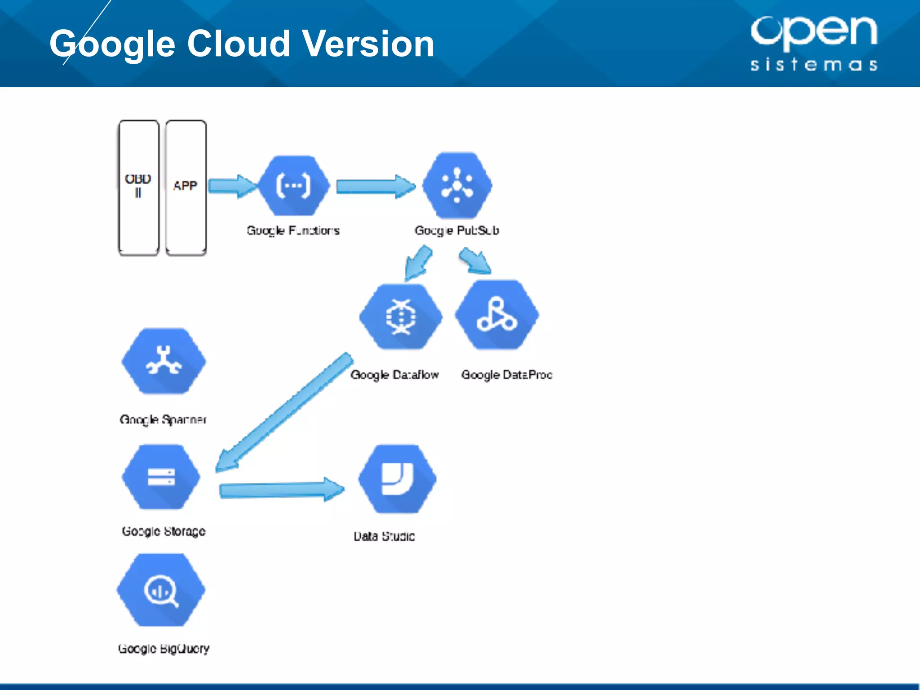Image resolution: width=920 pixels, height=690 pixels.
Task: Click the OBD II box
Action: [x=138, y=187]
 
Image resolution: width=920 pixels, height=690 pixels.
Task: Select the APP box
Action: [x=186, y=187]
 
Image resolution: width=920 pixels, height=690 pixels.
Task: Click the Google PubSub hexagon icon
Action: [x=457, y=185]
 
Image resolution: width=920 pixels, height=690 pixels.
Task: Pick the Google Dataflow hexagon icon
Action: [x=401, y=317]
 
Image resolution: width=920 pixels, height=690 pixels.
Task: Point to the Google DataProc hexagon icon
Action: [x=497, y=314]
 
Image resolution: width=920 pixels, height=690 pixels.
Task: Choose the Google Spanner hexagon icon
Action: [x=164, y=361]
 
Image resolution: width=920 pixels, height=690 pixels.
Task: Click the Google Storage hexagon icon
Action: [x=161, y=477]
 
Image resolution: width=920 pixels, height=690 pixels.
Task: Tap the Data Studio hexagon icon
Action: [x=397, y=478]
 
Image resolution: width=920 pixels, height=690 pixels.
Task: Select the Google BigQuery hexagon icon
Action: [x=161, y=590]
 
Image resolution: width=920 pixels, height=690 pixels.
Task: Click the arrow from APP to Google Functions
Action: [x=232, y=186]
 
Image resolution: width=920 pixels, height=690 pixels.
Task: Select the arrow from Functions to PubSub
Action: [x=375, y=186]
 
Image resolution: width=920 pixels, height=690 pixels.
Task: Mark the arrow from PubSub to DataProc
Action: [x=475, y=262]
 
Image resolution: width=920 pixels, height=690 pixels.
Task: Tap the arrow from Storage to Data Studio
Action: [x=281, y=490]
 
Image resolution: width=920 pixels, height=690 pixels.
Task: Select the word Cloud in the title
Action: [x=238, y=44]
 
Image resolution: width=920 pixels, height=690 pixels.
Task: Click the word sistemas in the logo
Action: [x=814, y=65]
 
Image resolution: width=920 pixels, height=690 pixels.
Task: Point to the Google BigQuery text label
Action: [x=164, y=648]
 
